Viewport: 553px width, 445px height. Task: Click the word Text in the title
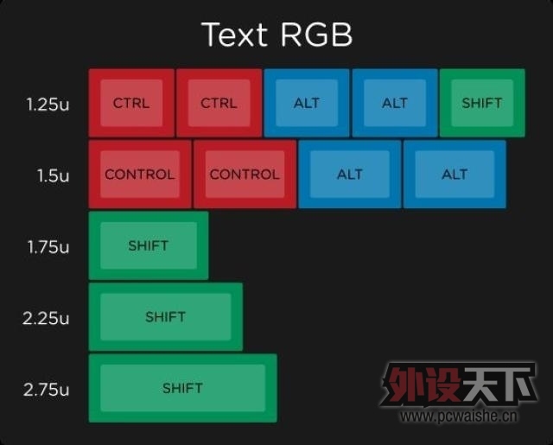pyautogui.click(x=234, y=35)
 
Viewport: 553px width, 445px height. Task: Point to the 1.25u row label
pyautogui.click(x=48, y=105)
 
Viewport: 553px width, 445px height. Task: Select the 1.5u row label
pyautogui.click(x=54, y=175)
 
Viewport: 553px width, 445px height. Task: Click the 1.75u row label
pyautogui.click(x=48, y=247)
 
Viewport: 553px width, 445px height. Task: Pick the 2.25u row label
pyautogui.click(x=46, y=318)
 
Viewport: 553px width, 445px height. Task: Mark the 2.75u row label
pyautogui.click(x=46, y=390)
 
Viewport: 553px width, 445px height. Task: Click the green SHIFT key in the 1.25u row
pyautogui.click(x=482, y=103)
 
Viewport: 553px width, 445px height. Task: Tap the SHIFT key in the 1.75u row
pyautogui.click(x=149, y=245)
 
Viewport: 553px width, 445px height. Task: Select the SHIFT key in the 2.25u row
pyautogui.click(x=166, y=317)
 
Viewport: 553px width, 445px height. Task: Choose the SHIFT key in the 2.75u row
pyautogui.click(x=182, y=388)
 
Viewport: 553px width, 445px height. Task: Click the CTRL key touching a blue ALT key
pyautogui.click(x=219, y=103)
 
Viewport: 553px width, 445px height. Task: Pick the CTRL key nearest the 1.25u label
pyautogui.click(x=131, y=103)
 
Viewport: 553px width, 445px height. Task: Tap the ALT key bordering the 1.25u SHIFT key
pyautogui.click(x=395, y=103)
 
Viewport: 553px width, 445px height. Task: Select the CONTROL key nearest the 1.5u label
pyautogui.click(x=140, y=175)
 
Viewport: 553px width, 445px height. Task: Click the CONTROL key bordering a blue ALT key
pyautogui.click(x=245, y=175)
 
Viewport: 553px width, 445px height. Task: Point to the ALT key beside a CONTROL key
pyautogui.click(x=350, y=175)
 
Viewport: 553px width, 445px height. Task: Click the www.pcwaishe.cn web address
pyautogui.click(x=459, y=416)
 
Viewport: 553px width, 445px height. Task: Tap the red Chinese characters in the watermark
pyautogui.click(x=422, y=385)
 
